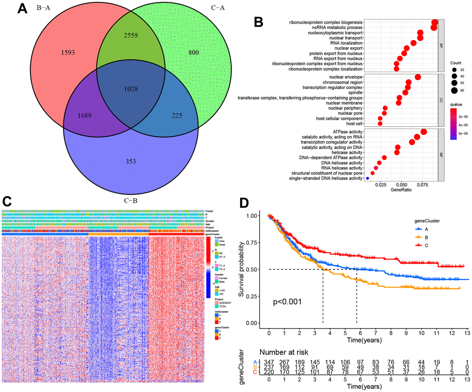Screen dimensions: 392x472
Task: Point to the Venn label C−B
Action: pyautogui.click(x=131, y=201)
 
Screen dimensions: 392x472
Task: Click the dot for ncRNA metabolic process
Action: pyautogui.click(x=434, y=28)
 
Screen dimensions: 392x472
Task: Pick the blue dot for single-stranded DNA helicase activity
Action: pyautogui.click(x=367, y=178)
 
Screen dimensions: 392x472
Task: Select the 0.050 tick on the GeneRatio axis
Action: pyautogui.click(x=402, y=184)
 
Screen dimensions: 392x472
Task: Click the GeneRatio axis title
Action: pyautogui.click(x=402, y=190)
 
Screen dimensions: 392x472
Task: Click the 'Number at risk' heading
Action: pyautogui.click(x=284, y=352)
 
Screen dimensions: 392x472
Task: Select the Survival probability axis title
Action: pyautogui.click(x=242, y=268)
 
